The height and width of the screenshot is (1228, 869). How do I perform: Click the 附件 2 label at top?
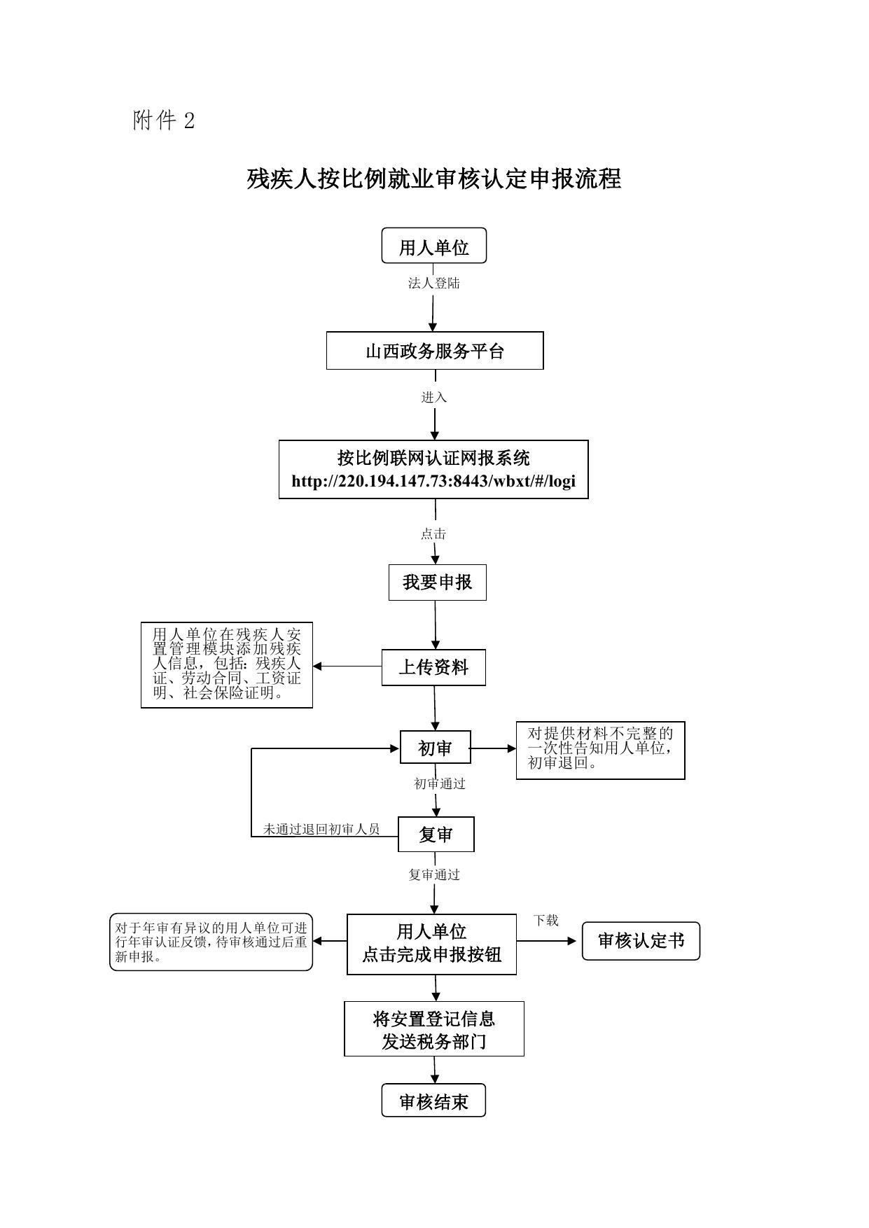(x=164, y=121)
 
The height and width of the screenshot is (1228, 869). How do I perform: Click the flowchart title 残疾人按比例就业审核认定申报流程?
(x=433, y=179)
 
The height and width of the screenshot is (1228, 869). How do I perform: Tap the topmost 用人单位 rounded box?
(x=433, y=246)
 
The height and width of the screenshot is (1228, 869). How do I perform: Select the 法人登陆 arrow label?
(x=433, y=284)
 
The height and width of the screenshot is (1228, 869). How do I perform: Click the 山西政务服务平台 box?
(x=435, y=351)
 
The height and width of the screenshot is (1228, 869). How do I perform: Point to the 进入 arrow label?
(x=433, y=397)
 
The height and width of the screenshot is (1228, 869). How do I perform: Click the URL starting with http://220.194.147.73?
(x=433, y=482)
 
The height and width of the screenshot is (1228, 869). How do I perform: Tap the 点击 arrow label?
(x=433, y=534)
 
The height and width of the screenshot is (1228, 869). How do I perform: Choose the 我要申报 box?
(x=437, y=582)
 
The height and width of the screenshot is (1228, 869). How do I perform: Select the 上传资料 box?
(x=433, y=667)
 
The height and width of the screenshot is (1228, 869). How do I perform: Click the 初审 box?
(x=435, y=748)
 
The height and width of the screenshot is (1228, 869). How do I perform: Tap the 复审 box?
(x=436, y=835)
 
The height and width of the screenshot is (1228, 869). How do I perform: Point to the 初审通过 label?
(x=440, y=784)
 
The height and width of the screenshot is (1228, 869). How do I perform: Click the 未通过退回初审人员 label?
(x=321, y=830)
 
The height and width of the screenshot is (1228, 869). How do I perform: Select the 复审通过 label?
(x=434, y=874)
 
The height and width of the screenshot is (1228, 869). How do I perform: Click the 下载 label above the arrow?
(x=545, y=921)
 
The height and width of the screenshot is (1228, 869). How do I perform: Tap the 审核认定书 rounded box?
(x=641, y=941)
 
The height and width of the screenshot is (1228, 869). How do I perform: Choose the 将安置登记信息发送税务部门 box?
(x=434, y=1029)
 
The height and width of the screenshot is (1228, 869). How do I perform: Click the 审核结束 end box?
(x=433, y=1102)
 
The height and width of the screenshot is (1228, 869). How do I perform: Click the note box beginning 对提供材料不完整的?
(x=600, y=750)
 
